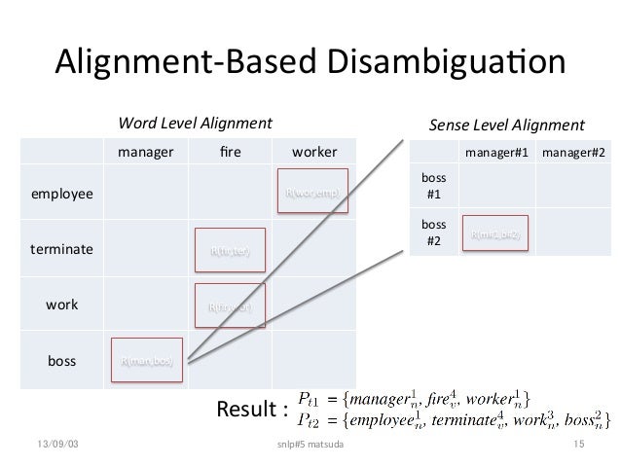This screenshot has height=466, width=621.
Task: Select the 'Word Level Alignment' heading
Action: point(195,125)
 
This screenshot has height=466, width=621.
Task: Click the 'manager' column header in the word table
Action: point(146,153)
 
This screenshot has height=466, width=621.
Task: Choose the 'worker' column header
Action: point(313,153)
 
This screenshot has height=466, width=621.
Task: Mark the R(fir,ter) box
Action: point(230,250)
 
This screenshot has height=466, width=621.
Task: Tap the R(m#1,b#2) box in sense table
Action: point(496,233)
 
